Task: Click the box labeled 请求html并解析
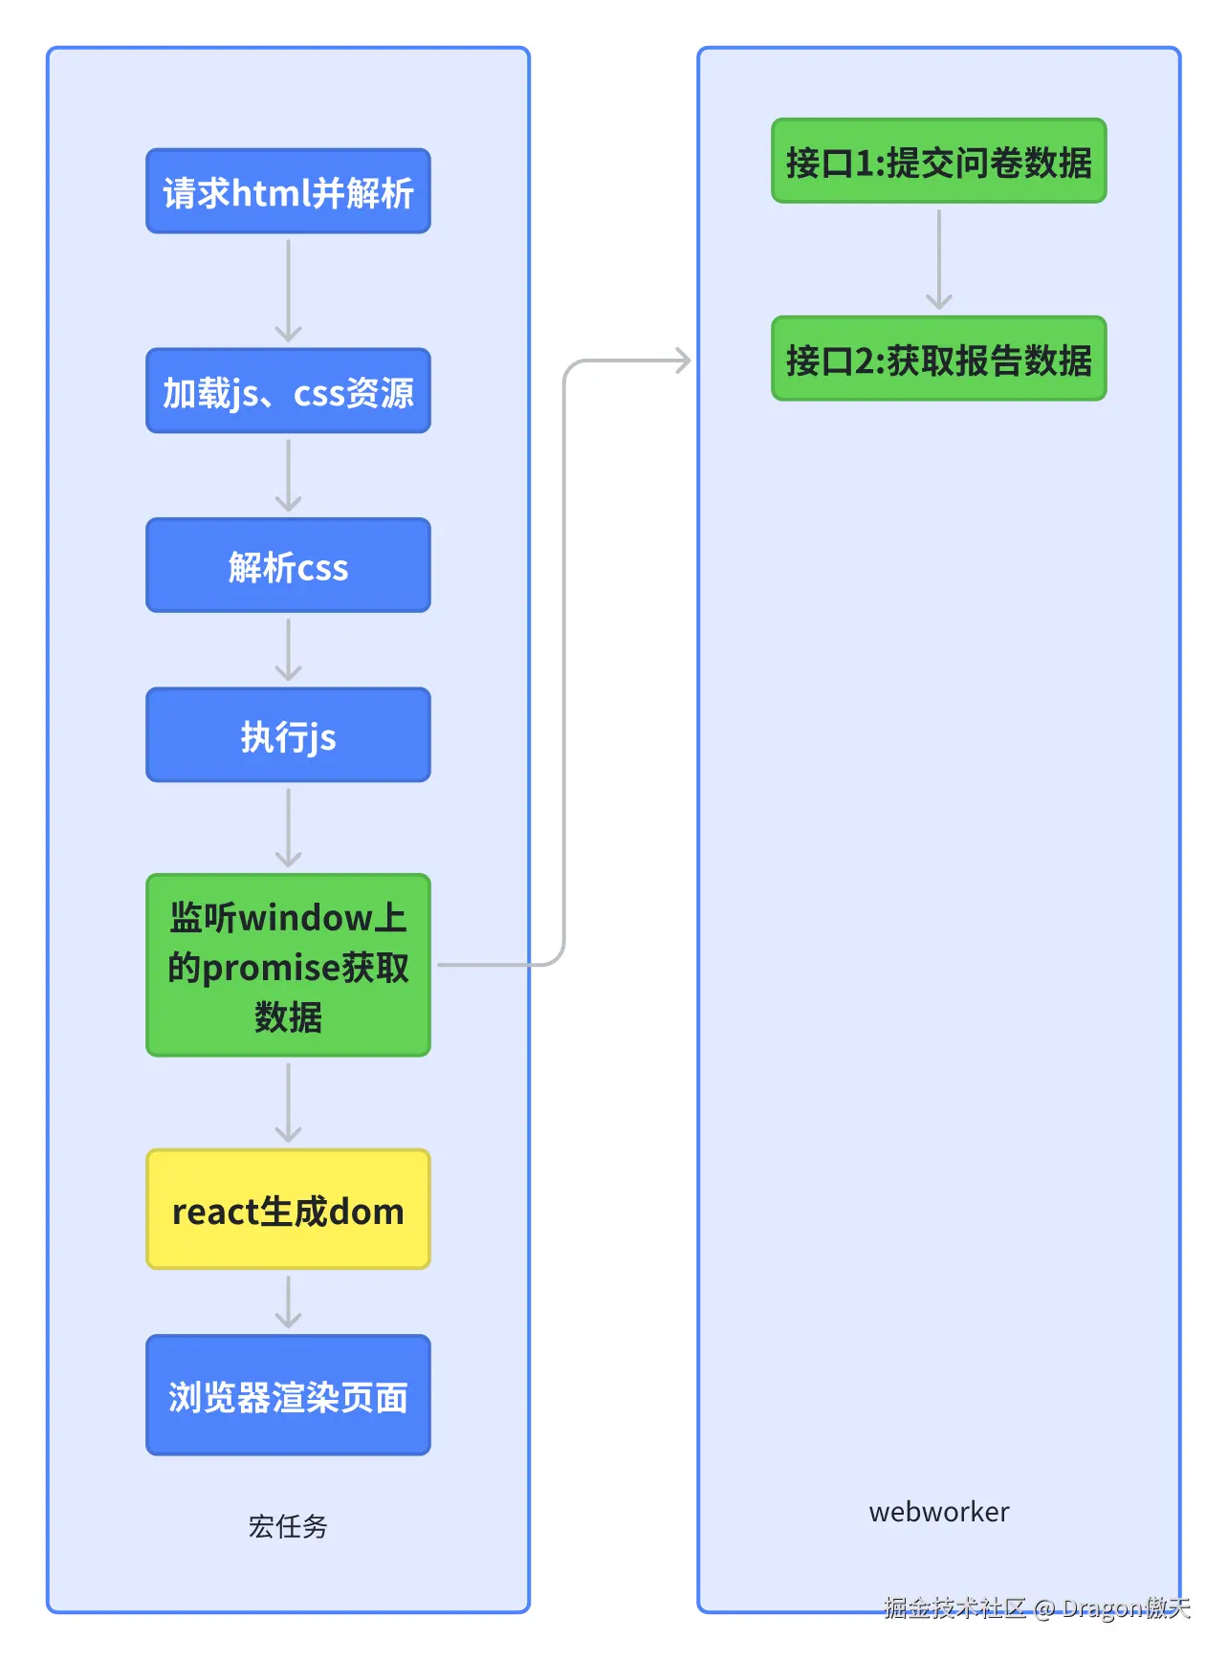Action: [288, 191]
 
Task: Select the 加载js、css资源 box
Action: [288, 391]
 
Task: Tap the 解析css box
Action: [288, 565]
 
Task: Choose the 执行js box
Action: [288, 735]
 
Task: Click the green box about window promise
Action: [288, 965]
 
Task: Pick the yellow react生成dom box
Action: [288, 1210]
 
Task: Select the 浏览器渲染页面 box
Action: [288, 1395]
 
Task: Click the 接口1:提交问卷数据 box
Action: [938, 162]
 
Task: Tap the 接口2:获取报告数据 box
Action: [938, 359]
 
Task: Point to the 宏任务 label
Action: [288, 1525]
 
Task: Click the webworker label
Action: [938, 1512]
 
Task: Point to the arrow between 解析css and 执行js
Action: [288, 649]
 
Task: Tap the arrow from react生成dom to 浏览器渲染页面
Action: [288, 1301]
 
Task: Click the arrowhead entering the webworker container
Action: [682, 360]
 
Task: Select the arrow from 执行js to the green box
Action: [288, 827]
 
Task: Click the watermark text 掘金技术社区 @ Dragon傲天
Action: [1037, 1608]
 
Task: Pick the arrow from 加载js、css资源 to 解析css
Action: [288, 475]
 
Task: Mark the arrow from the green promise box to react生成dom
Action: [288, 1103]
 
